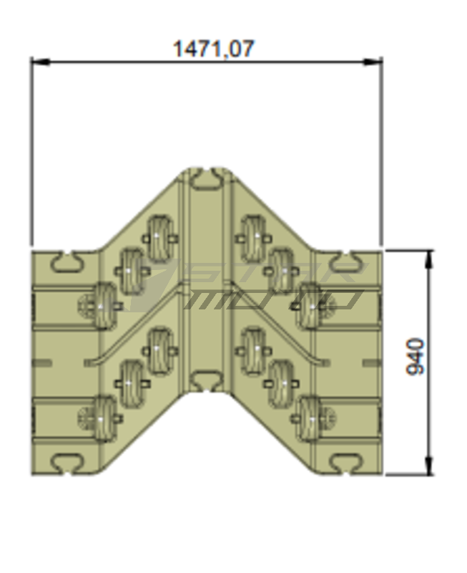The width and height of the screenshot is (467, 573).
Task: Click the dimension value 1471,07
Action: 213,49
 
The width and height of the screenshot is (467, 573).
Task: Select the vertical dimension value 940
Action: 415,356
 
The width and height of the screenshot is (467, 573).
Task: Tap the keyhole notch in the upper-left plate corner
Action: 68,261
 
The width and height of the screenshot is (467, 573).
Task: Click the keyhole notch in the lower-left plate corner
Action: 68,462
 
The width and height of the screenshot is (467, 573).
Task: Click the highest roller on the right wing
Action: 253,234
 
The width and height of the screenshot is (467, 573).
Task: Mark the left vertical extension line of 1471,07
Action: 31,150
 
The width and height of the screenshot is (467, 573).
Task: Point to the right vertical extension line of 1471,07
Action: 381,150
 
